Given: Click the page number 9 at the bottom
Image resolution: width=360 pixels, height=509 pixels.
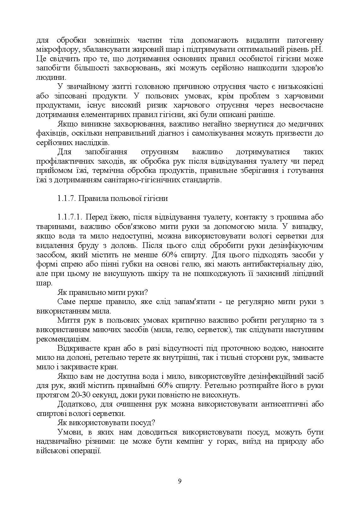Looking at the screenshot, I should pyautogui.click(x=180, y=481).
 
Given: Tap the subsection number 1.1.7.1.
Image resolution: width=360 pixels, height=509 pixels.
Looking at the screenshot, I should pyautogui.click(x=70, y=217).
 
